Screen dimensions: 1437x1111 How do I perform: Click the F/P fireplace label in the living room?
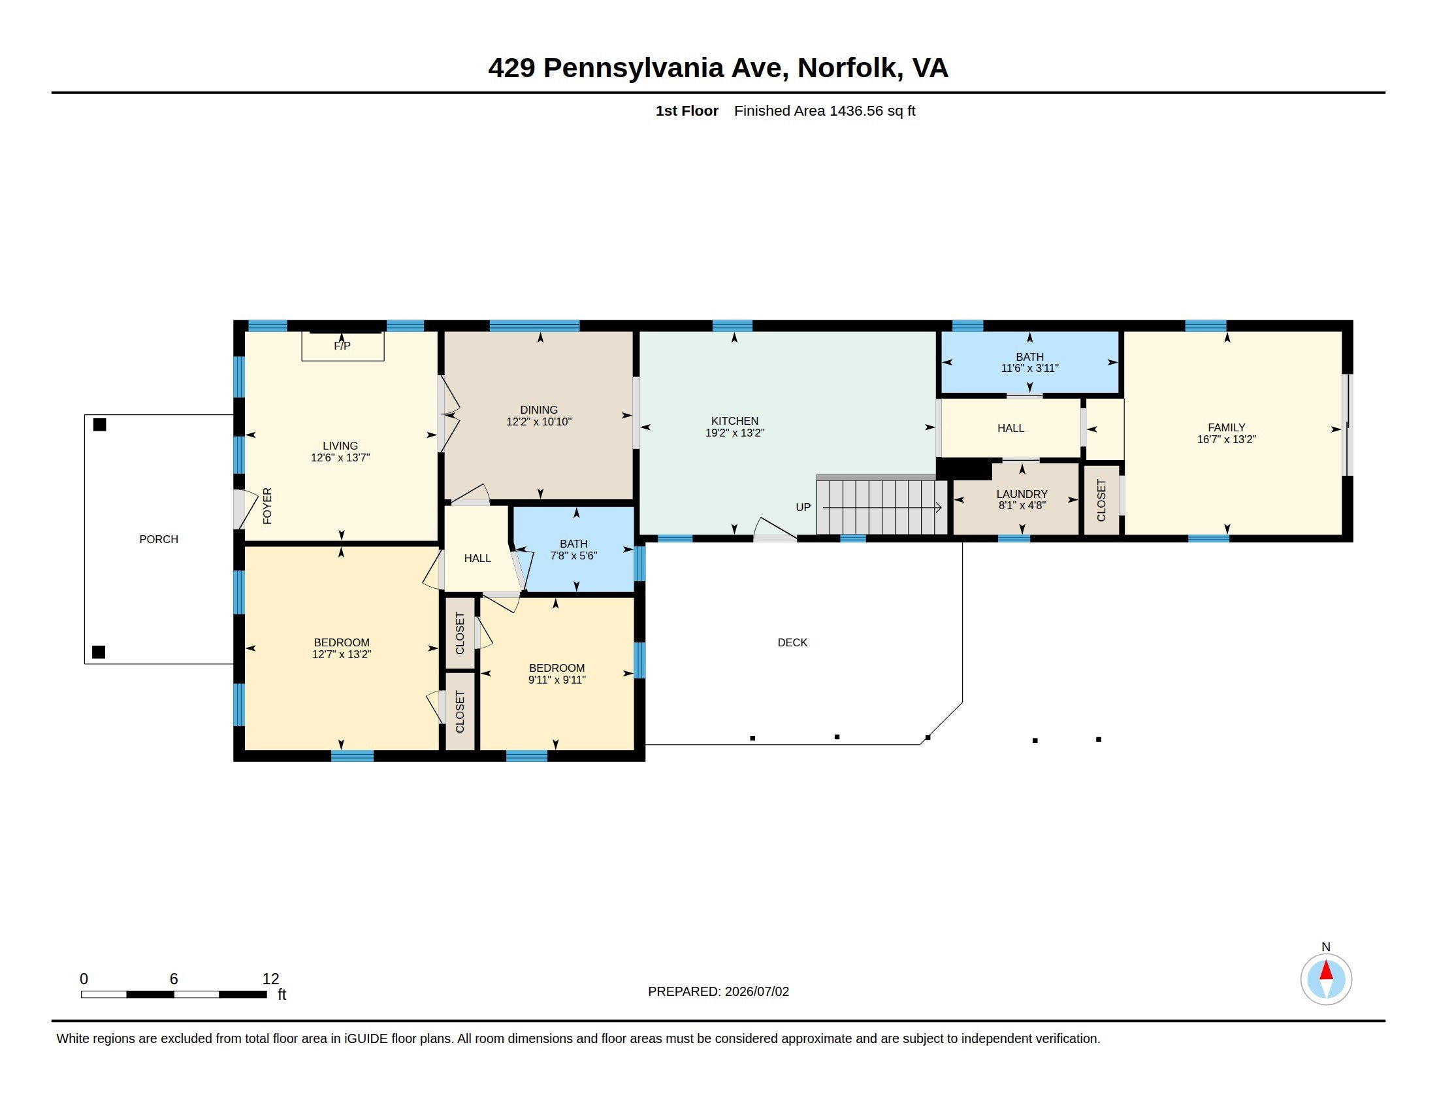point(342,346)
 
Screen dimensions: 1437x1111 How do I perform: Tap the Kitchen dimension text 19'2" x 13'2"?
point(735,433)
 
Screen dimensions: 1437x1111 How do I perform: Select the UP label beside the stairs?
point(803,507)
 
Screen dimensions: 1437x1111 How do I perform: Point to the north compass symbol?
point(1326,980)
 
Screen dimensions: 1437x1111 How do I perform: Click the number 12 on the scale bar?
point(270,979)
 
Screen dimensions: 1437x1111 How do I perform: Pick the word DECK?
point(792,642)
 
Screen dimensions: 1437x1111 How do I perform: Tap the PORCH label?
point(159,539)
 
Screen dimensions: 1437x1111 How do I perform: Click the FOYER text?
point(267,506)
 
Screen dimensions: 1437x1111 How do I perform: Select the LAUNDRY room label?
point(1022,494)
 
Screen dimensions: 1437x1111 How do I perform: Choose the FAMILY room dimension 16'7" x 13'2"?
point(1227,440)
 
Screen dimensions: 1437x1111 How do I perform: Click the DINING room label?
point(539,410)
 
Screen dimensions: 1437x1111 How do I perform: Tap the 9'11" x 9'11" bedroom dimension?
point(557,680)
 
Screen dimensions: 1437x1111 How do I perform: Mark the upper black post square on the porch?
point(99,425)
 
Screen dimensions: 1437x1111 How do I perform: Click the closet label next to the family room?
point(1101,500)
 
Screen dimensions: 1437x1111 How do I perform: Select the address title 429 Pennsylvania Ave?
point(635,68)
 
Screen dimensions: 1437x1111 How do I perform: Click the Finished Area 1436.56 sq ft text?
point(824,110)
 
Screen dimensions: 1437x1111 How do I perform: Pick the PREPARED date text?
point(718,992)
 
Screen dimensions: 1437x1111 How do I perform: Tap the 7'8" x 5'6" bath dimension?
point(573,555)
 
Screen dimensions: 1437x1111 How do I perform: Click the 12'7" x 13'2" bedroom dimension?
point(342,654)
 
